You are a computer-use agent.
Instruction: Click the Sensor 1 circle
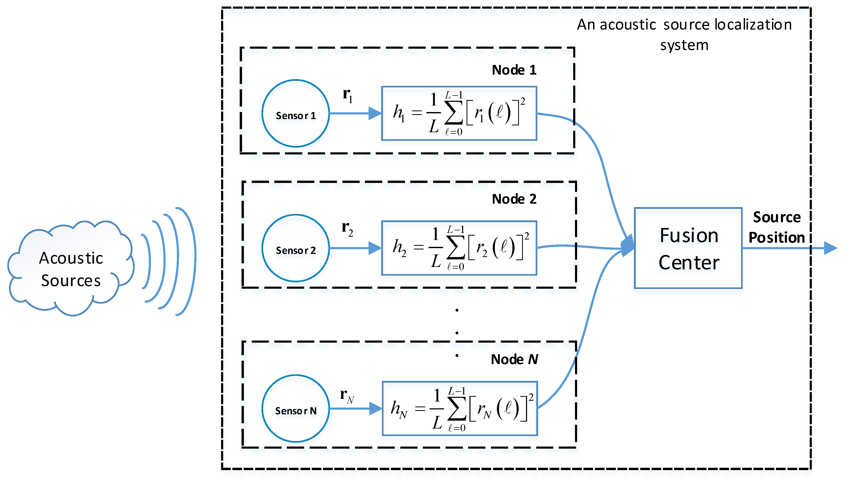(x=295, y=113)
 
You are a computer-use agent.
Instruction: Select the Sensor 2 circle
(x=295, y=248)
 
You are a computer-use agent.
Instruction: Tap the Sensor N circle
(x=295, y=408)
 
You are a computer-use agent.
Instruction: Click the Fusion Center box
(x=688, y=248)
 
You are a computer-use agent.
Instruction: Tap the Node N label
(x=514, y=359)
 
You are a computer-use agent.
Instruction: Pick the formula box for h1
(x=459, y=114)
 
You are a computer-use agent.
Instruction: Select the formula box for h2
(x=459, y=248)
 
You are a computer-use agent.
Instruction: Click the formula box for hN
(x=459, y=408)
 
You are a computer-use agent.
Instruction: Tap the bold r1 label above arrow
(x=347, y=95)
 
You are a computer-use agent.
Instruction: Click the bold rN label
(x=347, y=396)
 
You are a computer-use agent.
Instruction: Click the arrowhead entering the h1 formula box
(x=375, y=114)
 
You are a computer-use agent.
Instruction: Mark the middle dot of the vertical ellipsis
(x=457, y=333)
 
